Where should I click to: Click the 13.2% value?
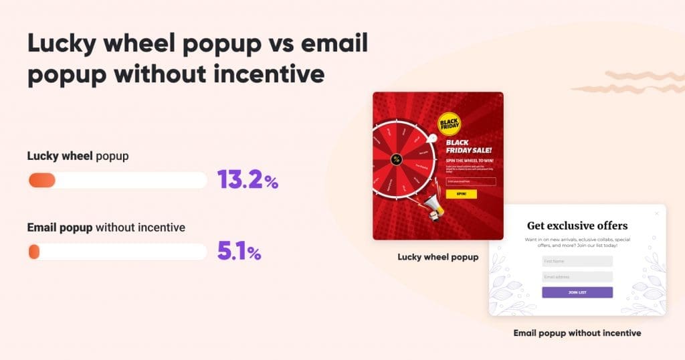click(x=247, y=180)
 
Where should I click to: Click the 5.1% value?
click(x=239, y=252)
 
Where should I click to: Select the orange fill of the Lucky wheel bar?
click(x=41, y=180)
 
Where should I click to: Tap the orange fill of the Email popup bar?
click(x=34, y=252)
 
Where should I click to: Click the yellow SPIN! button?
click(x=461, y=194)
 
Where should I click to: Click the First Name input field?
click(x=577, y=261)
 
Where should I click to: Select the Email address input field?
click(x=577, y=276)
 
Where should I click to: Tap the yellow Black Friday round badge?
click(x=449, y=124)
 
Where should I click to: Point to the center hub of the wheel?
click(x=396, y=160)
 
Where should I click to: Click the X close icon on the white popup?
click(x=657, y=213)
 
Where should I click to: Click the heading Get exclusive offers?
click(x=577, y=226)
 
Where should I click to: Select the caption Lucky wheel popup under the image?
click(x=437, y=257)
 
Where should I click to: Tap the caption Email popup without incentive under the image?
click(x=577, y=333)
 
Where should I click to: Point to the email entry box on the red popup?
click(x=470, y=181)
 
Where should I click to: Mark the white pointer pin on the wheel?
click(x=433, y=139)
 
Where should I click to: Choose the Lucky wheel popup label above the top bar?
click(x=78, y=156)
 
